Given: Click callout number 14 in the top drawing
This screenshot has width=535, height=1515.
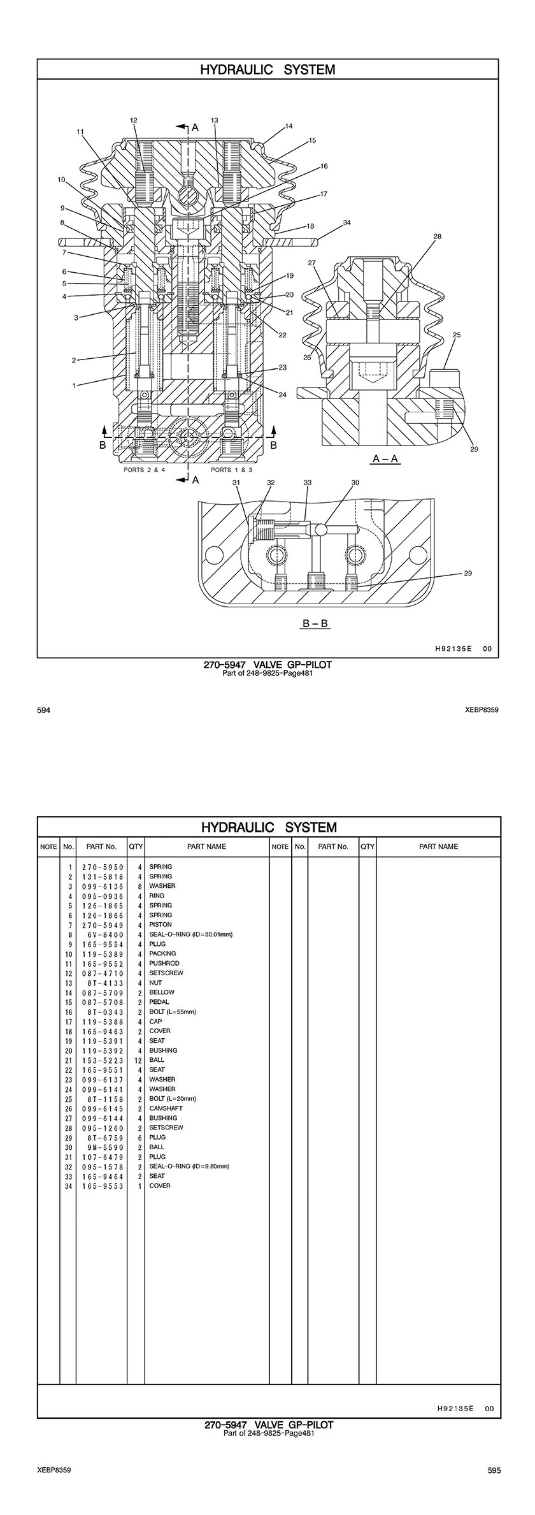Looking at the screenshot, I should [x=289, y=126].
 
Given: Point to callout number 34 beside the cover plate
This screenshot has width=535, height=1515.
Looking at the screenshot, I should [x=346, y=222].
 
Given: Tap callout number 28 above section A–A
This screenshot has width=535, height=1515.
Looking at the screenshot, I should [x=437, y=236].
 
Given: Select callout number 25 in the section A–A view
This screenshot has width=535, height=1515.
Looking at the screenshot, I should [x=457, y=335].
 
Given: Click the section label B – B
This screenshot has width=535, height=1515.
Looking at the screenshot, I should [x=315, y=623].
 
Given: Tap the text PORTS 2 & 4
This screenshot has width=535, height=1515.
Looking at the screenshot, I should [x=145, y=470].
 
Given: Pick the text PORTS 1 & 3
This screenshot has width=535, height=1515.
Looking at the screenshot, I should [x=231, y=470].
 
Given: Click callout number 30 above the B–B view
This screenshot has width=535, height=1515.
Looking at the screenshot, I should [x=355, y=482].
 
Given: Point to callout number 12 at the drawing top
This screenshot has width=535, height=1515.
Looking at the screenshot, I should [x=134, y=120].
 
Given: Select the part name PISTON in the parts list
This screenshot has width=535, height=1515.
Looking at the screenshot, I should [x=160, y=925].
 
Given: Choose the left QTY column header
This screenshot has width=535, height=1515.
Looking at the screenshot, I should [x=136, y=846].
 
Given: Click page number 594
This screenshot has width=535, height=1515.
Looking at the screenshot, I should [x=43, y=709].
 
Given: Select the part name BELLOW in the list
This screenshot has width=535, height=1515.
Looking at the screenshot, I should [x=162, y=992].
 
